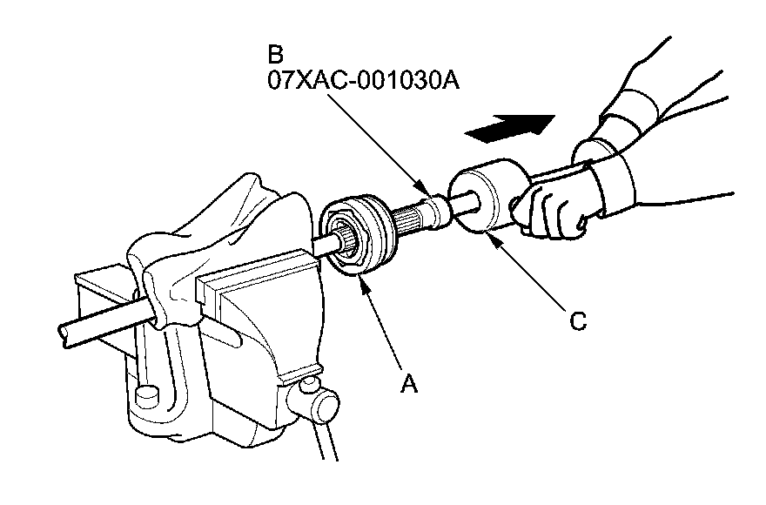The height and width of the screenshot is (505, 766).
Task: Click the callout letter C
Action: click(576, 321)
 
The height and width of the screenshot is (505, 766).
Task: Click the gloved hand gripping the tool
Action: click(557, 205)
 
